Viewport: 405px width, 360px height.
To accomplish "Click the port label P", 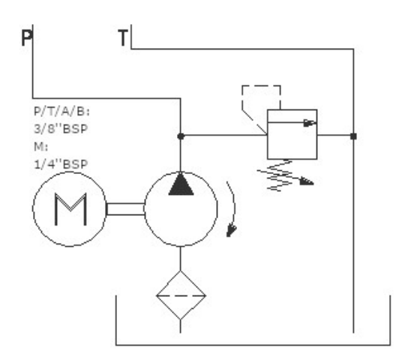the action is (x=26, y=37).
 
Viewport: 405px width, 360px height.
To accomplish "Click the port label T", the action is (x=123, y=37).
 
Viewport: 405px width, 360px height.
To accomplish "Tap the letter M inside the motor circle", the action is (x=70, y=209).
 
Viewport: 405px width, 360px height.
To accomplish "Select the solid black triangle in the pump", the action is (x=181, y=184).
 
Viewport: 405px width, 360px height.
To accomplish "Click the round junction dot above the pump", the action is (x=181, y=136).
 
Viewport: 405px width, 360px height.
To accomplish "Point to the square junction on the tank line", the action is (x=353, y=136).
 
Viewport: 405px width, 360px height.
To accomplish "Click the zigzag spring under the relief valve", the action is (x=280, y=175).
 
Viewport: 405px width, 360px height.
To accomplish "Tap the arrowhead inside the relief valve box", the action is (x=310, y=123).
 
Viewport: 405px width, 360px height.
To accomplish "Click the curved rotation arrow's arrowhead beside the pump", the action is (x=231, y=230).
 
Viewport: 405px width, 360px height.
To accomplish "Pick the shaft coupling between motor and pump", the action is (x=125, y=209).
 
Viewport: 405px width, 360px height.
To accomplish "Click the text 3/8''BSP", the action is (x=61, y=129).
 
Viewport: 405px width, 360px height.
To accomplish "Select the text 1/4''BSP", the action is (x=61, y=164).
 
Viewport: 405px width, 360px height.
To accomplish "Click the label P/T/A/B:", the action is (x=61, y=112).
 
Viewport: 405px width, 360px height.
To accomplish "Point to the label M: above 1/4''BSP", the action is (x=40, y=147).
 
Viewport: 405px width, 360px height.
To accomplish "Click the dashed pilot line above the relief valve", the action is (x=261, y=85).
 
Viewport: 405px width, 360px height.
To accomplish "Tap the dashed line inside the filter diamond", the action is (x=181, y=295).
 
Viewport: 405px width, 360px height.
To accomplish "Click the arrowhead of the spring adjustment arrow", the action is (x=307, y=181).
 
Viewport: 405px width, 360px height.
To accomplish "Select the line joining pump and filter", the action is (x=180, y=259).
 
